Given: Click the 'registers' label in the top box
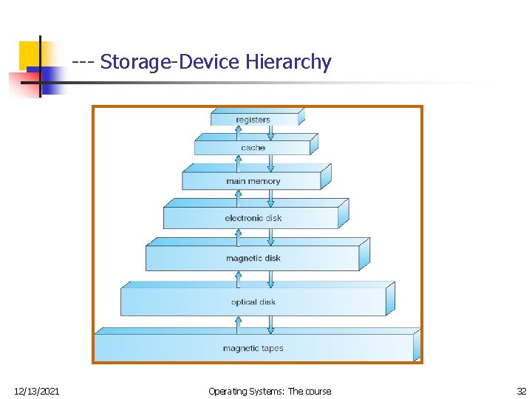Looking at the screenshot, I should [253, 120].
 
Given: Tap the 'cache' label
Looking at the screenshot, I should [253, 148].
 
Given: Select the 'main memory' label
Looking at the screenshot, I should [253, 181].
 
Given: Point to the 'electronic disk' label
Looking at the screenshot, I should [253, 218].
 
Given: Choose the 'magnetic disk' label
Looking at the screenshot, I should [253, 259].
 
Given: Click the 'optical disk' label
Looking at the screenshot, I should [253, 301].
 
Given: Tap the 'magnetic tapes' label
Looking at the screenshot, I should [253, 348].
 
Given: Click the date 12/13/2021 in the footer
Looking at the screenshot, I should [37, 391].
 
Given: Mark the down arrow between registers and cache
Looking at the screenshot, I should [270, 132].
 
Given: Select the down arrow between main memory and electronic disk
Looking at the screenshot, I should [270, 197].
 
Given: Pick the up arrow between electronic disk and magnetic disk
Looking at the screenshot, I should [238, 236].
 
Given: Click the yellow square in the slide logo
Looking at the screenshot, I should [30, 53].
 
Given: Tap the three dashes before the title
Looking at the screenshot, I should [83, 62].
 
